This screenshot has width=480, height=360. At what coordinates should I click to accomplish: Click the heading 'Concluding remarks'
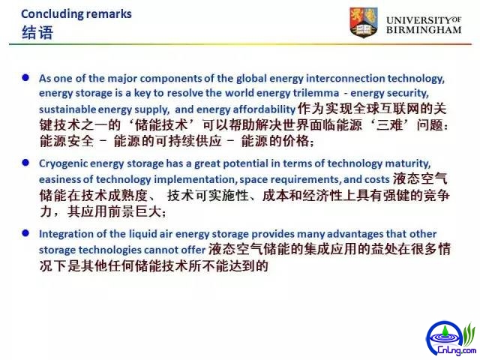(x=76, y=14)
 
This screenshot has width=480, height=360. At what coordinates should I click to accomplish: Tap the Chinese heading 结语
(x=37, y=32)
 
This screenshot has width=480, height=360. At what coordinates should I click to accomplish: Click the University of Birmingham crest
(x=363, y=22)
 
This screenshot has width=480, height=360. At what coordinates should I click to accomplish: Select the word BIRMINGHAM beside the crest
(x=424, y=30)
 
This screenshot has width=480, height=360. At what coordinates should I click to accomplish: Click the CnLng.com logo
(x=451, y=338)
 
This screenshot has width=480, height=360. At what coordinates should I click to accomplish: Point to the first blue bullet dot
(x=25, y=77)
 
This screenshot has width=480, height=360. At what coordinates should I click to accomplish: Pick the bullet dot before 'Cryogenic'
(x=25, y=163)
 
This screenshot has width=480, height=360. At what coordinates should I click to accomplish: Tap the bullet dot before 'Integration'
(x=25, y=233)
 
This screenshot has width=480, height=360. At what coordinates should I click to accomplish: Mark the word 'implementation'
(x=195, y=180)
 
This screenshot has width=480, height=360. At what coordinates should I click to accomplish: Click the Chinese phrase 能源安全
(x=67, y=141)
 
